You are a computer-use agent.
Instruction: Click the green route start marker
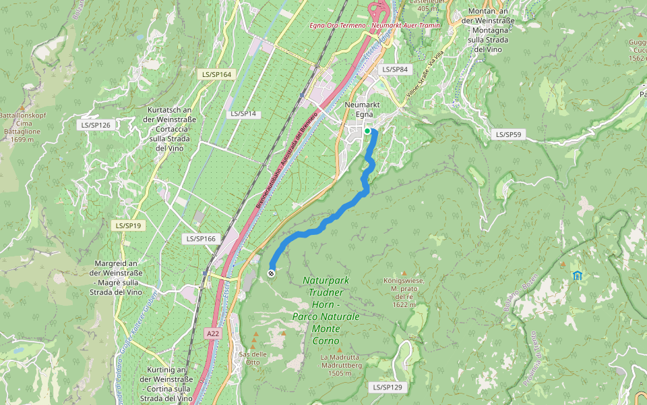point(367,131)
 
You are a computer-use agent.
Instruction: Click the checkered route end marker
point(271,273)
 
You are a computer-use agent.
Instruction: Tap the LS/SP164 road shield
point(216,74)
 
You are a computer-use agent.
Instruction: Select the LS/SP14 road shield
point(243,113)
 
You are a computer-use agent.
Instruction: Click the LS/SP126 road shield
point(95,125)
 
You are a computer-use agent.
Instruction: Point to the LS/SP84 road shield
point(395,70)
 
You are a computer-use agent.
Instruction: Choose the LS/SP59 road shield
point(509,134)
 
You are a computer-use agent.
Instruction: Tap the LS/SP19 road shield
point(128,225)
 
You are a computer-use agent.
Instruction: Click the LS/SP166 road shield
point(200,239)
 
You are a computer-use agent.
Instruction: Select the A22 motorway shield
point(213,333)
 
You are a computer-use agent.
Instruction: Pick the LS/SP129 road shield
point(387,387)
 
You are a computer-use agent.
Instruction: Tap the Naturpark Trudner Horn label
point(326,310)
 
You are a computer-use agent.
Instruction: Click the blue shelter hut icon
point(577,275)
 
